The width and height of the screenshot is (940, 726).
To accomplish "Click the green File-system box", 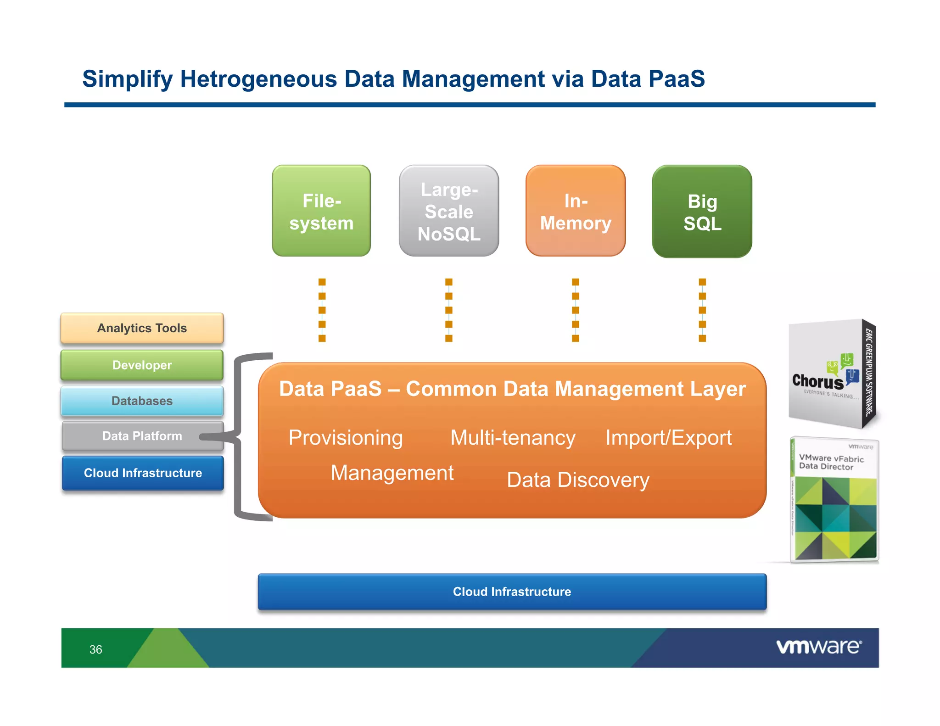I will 321,211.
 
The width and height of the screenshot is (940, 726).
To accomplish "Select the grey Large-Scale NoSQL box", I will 449,211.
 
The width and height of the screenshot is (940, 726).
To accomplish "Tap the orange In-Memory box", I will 576,211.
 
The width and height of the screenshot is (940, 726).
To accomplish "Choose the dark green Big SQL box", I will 702,212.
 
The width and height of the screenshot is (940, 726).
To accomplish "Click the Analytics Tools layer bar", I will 142,328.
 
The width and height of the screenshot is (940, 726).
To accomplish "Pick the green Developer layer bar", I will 142,365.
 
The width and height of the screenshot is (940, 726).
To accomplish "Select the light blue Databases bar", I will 142,401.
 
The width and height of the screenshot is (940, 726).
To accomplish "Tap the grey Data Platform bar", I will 142,436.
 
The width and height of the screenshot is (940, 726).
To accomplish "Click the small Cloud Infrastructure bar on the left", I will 143,473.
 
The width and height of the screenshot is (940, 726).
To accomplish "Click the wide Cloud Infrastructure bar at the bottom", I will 512,592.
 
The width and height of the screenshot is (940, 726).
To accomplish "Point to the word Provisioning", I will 346,437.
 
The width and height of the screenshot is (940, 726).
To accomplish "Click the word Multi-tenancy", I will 513,437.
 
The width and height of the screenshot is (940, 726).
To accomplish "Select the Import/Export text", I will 668,437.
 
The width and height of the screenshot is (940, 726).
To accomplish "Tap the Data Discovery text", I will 578,480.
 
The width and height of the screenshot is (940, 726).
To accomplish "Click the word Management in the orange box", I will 392,473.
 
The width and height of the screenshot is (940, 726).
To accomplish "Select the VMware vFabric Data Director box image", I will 834,500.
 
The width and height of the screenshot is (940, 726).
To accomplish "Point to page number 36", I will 95,649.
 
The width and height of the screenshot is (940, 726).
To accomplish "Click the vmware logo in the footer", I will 819,647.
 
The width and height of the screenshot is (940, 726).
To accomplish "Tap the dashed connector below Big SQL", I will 702,310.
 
